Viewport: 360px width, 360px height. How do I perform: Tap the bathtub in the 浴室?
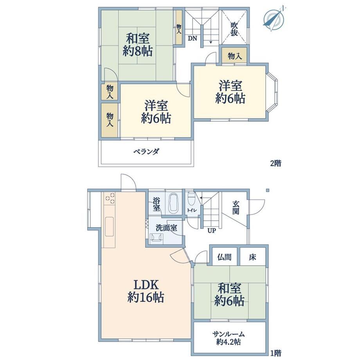point(174,203)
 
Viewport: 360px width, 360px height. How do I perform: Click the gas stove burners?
point(110,198)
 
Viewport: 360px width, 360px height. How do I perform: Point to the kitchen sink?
point(109,226)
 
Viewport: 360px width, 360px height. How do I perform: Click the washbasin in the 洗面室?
point(157,238)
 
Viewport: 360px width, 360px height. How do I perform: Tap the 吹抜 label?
point(234,29)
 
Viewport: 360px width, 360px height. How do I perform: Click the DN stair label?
point(193,38)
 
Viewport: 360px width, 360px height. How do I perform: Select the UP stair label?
point(212,230)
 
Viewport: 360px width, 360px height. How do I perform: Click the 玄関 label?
point(236,207)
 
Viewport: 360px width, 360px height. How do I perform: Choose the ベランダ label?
point(146,151)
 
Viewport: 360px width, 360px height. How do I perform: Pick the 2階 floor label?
point(275,164)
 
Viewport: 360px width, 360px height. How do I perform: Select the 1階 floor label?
point(275,353)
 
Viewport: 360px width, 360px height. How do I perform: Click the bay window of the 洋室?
point(272,92)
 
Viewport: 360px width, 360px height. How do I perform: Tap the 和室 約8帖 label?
point(138,45)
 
